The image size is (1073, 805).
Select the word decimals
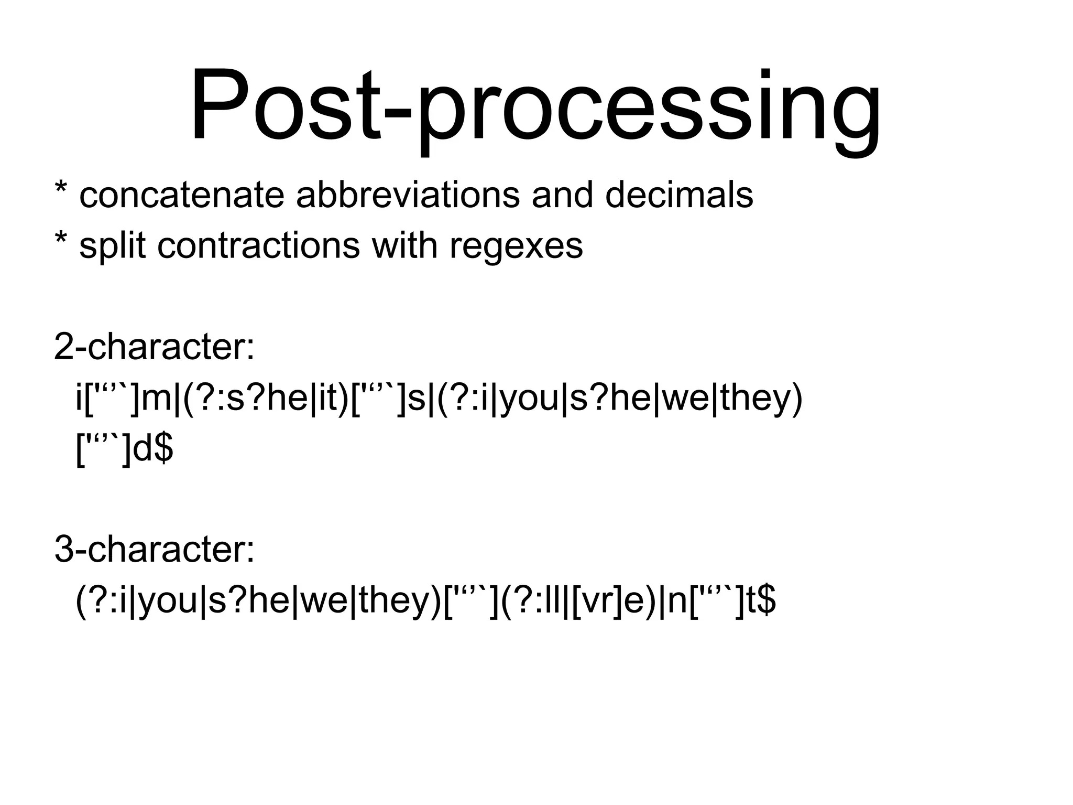tap(679, 195)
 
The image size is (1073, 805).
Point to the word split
tap(112, 245)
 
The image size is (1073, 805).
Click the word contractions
tap(259, 245)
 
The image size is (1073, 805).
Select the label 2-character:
tap(154, 347)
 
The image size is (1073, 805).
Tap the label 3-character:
tap(154, 551)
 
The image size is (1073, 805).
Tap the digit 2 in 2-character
tap(64, 347)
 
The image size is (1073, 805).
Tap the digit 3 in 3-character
tap(64, 551)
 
